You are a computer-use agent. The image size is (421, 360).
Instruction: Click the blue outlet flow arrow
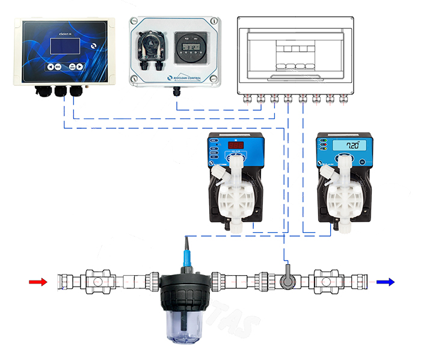(386, 281)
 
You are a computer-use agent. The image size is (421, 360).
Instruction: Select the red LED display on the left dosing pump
(236, 146)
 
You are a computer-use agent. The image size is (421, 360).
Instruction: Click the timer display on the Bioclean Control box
(189, 44)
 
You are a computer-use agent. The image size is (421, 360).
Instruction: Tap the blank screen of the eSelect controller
(60, 45)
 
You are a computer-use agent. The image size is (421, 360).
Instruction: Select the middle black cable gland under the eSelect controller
(61, 92)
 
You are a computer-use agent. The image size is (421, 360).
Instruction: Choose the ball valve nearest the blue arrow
(325, 281)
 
